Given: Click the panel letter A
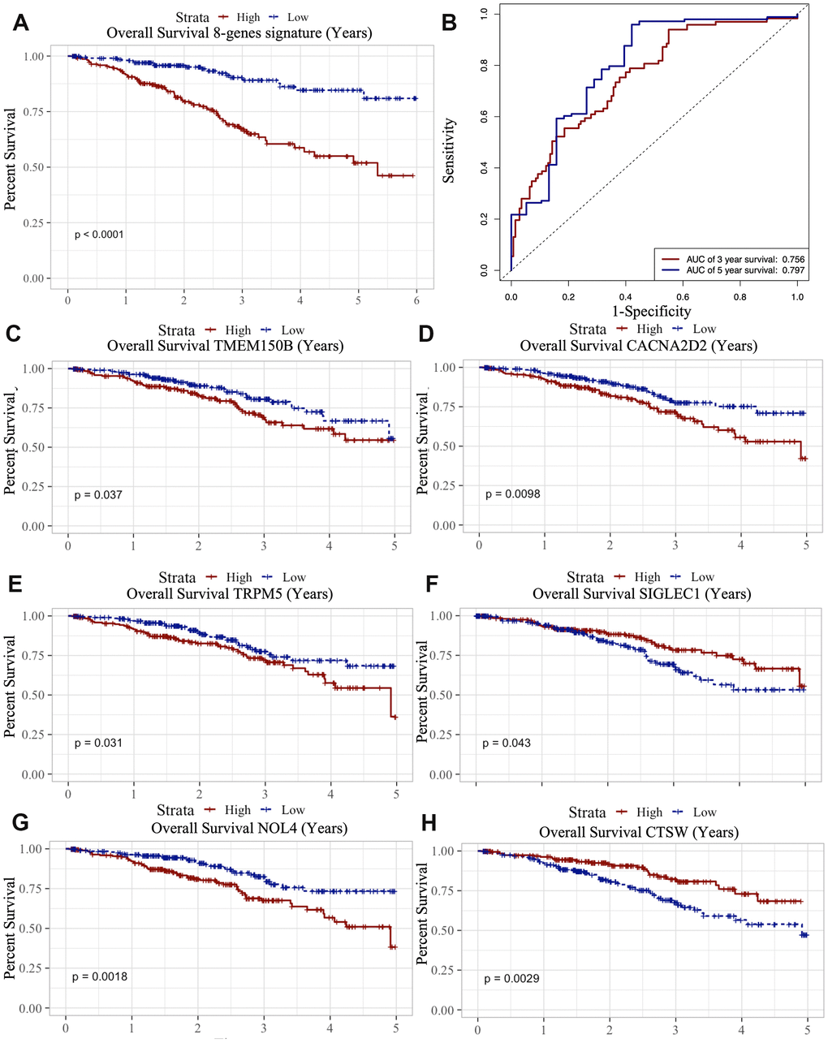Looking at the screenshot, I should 21,24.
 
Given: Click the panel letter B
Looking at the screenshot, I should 448,23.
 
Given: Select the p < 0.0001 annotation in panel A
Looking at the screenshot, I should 99,235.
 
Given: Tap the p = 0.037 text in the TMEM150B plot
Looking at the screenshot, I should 98,494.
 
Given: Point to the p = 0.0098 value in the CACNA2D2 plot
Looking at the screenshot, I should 513,493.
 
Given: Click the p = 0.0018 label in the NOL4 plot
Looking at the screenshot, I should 100,976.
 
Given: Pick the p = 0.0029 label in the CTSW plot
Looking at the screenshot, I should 512,978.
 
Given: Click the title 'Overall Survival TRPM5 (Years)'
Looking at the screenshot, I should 230,593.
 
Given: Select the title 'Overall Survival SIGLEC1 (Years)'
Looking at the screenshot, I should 641,593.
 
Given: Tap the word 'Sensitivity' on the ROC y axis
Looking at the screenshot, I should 450,150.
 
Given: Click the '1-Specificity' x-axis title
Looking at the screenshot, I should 652,311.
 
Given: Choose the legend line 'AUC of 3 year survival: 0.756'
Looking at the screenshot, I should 734,260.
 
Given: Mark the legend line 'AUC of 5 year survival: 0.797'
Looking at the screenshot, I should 734,270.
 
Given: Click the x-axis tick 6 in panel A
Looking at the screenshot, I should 416,300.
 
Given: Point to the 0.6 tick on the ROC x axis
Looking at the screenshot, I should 684,297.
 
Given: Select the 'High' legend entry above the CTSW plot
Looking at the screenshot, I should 649,812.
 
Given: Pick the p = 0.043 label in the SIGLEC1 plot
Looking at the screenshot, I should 507,743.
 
